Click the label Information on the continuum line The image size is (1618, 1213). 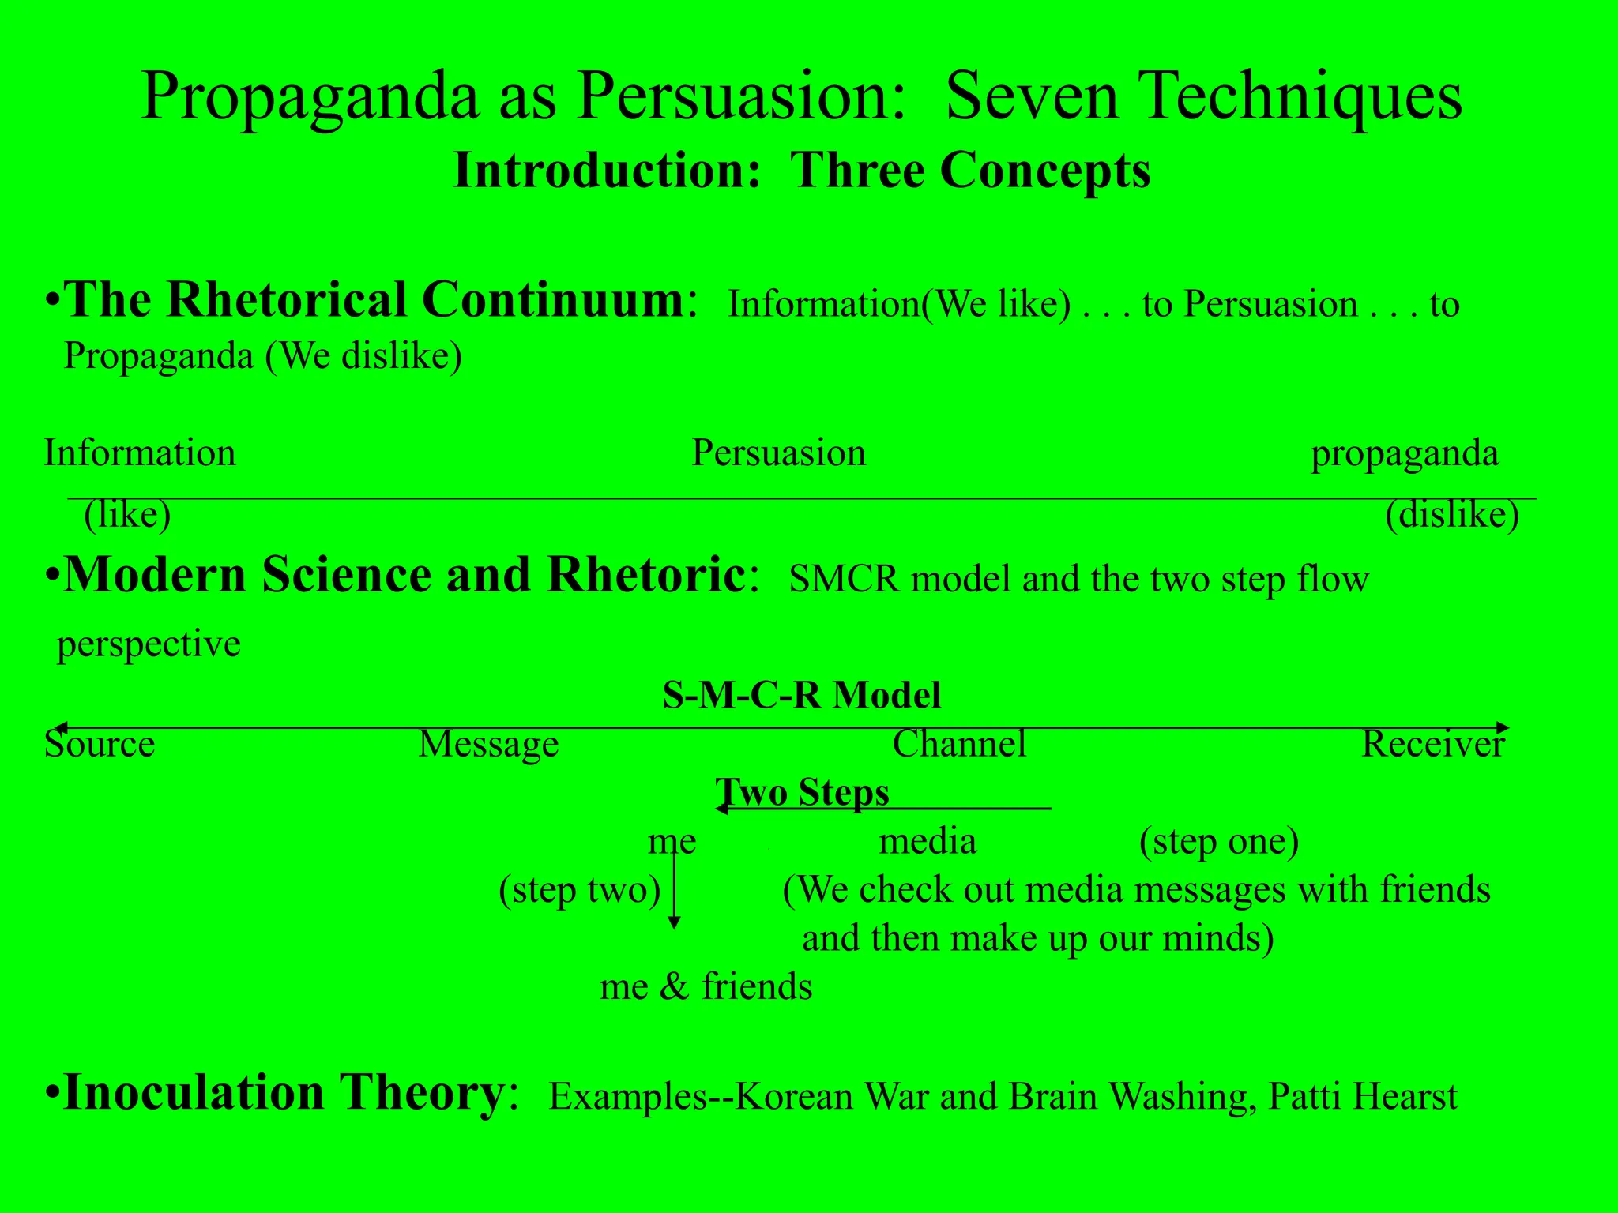pos(140,453)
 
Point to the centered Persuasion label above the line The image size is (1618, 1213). pos(779,453)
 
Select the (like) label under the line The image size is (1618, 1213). pos(128,515)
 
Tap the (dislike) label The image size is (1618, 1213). pos(1452,515)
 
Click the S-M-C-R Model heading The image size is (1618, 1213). pos(802,696)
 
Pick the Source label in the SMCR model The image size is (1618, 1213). pos(100,745)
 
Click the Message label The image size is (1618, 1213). pos(488,745)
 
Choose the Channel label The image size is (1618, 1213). pos(959,745)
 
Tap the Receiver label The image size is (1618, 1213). pos(1433,745)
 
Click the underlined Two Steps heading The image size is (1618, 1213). pos(802,792)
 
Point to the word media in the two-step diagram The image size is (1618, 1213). pos(928,843)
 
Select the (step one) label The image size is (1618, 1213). pos(1219,843)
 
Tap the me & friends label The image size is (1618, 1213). pos(706,987)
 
